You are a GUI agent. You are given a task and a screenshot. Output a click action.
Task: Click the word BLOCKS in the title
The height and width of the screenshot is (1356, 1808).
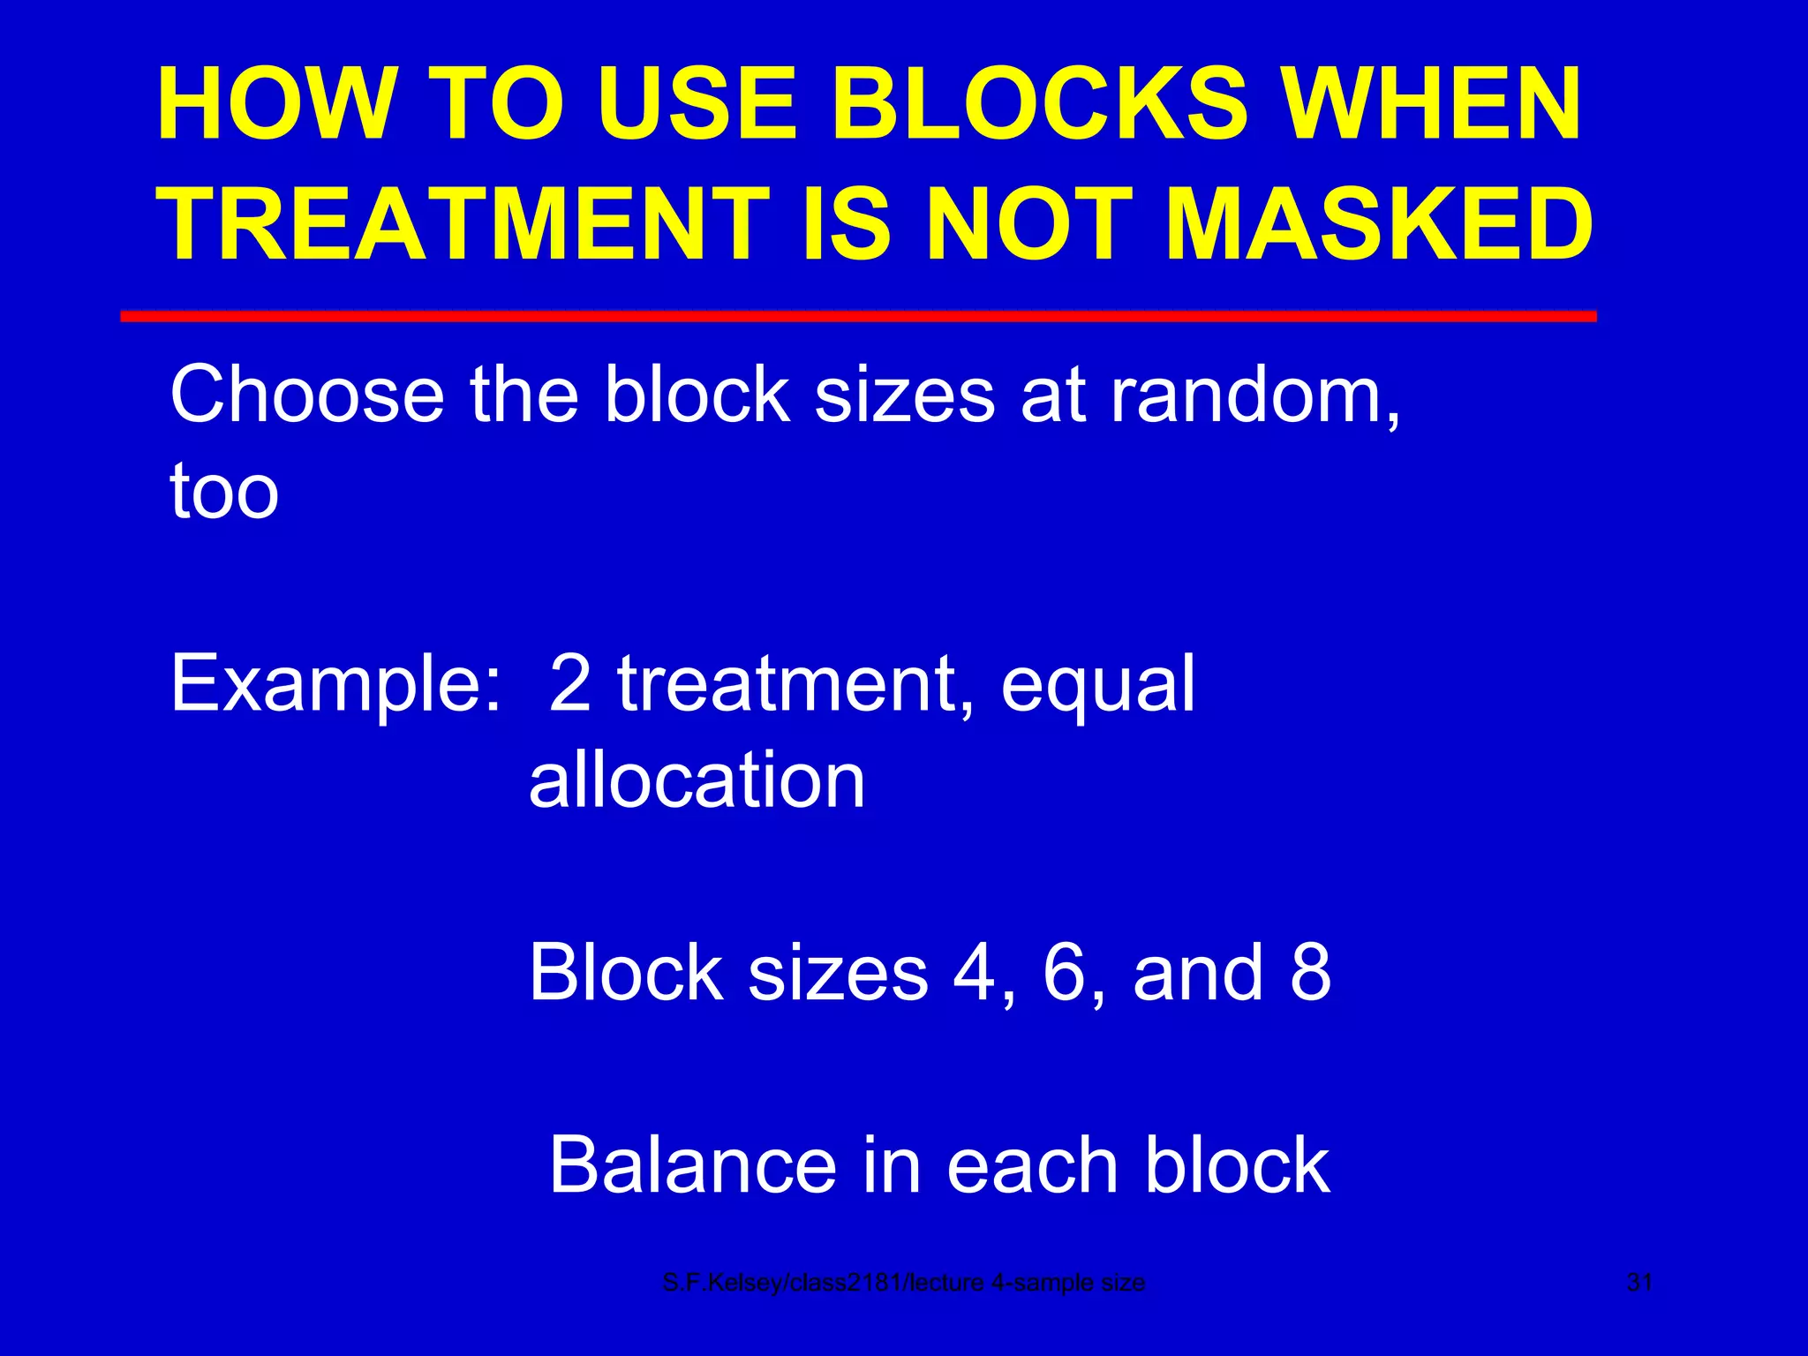(x=1040, y=106)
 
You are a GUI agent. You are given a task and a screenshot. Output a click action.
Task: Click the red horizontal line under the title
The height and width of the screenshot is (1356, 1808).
(x=858, y=316)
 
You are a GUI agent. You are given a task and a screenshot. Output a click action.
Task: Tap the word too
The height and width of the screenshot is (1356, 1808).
(x=224, y=491)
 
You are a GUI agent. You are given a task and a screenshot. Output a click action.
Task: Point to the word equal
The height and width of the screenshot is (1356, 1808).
(x=1098, y=684)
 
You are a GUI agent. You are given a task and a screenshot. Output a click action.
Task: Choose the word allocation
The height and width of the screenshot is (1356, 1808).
(x=697, y=780)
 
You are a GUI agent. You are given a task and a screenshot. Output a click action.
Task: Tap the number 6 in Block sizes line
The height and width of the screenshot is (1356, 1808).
(x=1067, y=972)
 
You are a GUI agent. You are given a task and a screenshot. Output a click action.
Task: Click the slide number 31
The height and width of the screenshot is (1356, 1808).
(x=1639, y=1283)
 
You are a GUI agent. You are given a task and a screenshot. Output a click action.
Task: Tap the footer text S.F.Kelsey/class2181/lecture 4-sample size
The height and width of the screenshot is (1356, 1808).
(x=903, y=1283)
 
